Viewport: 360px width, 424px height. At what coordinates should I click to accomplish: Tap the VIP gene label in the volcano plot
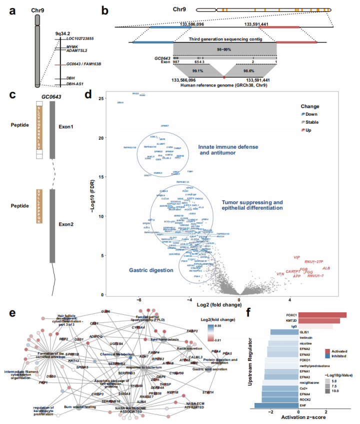tap(297, 258)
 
